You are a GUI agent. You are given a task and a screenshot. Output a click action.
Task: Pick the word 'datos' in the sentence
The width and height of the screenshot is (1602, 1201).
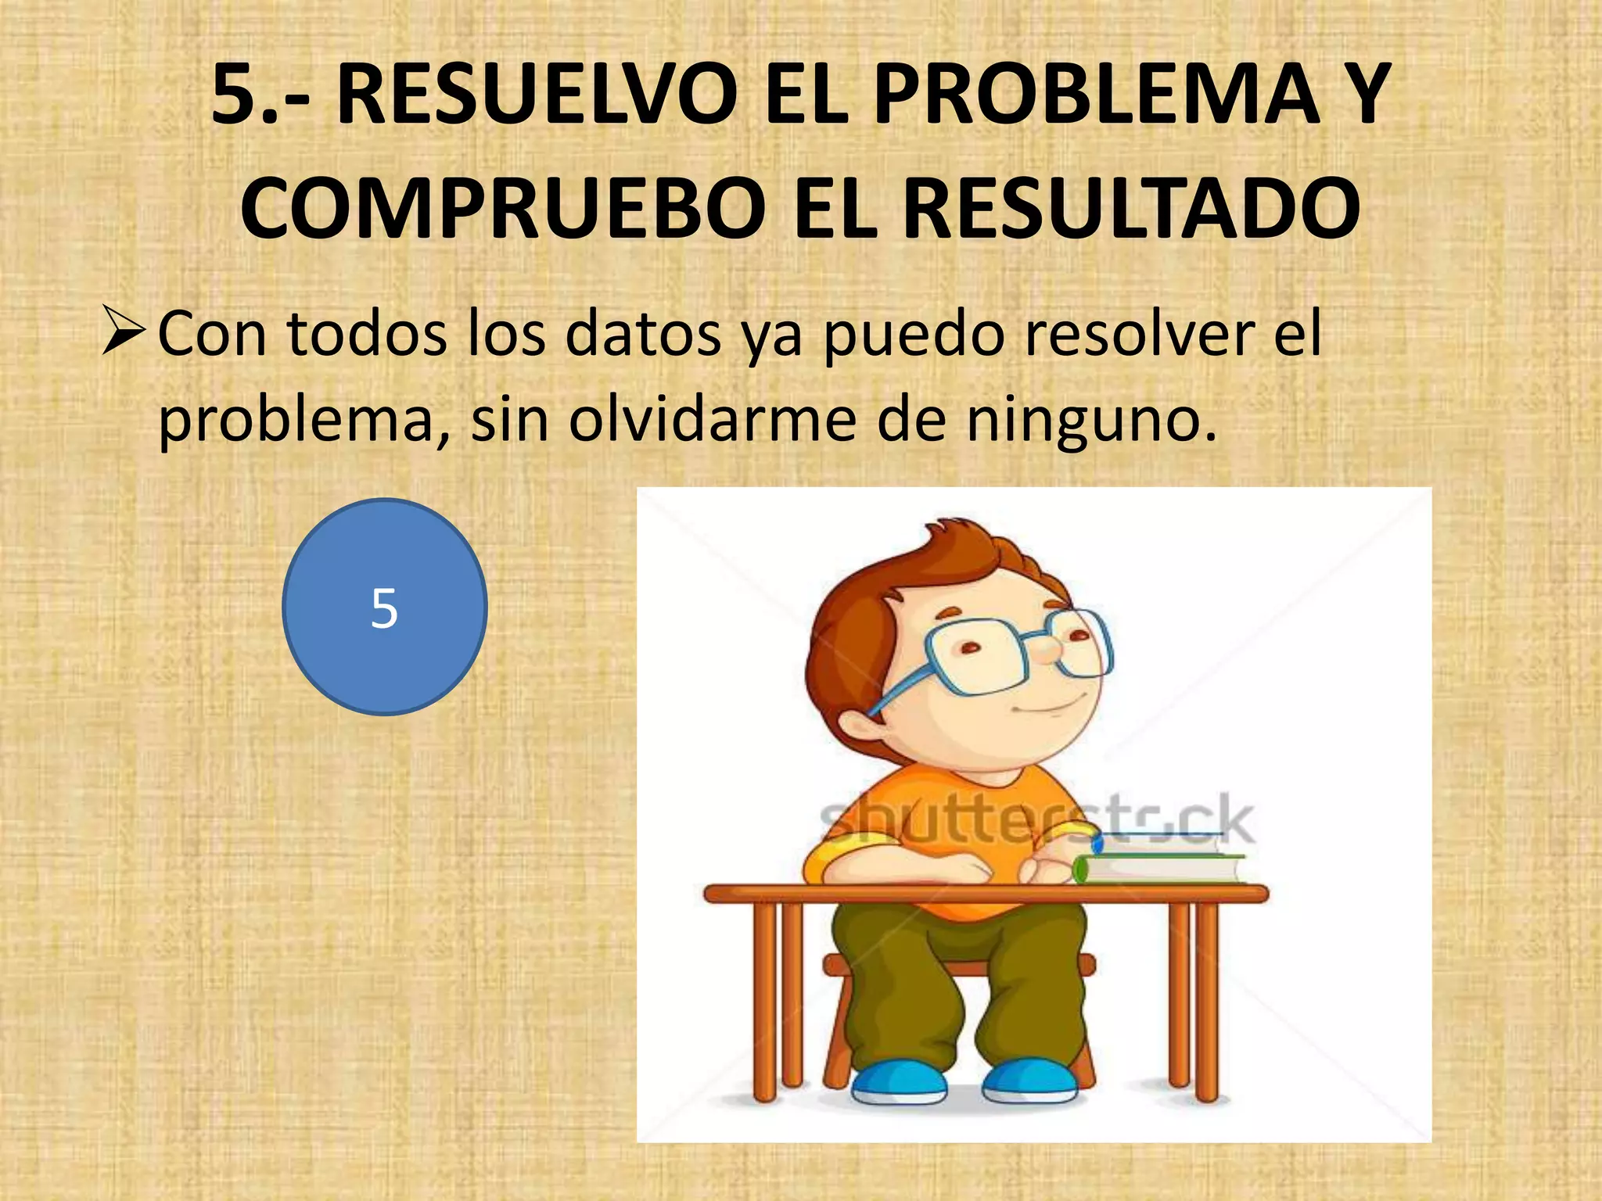click(643, 335)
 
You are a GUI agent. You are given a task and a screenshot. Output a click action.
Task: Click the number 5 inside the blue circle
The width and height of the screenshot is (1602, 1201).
click(384, 608)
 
